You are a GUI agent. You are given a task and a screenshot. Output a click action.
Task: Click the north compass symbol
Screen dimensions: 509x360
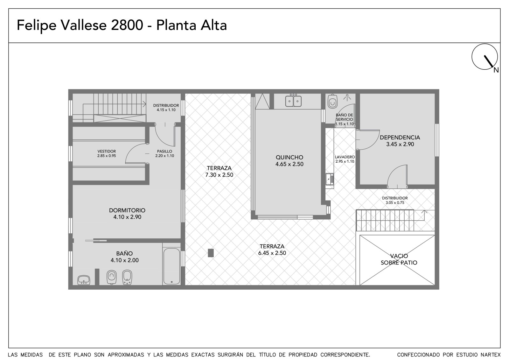[x=485, y=57]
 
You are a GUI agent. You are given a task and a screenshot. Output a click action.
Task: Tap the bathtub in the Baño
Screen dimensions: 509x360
[x=172, y=266]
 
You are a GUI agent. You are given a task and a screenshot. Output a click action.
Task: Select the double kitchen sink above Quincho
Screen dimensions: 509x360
[x=293, y=101]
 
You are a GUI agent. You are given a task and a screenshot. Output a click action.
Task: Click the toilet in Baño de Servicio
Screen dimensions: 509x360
[x=332, y=102]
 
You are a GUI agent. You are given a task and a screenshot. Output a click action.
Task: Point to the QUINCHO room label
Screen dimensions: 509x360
[x=289, y=157]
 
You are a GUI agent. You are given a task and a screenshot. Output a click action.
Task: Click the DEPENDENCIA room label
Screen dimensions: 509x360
[x=400, y=138]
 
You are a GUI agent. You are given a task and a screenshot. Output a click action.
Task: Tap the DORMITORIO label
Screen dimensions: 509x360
[x=127, y=210]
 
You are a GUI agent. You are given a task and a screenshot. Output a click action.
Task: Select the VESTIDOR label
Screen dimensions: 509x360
[x=107, y=151]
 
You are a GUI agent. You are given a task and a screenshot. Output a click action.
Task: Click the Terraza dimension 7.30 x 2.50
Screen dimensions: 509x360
[x=219, y=175]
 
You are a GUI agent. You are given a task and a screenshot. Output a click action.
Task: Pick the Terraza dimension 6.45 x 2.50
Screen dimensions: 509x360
[x=272, y=253]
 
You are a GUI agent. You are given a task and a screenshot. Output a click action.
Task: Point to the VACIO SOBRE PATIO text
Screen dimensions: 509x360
[x=399, y=259]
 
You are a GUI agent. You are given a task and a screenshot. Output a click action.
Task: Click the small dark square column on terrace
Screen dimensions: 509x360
[x=211, y=253]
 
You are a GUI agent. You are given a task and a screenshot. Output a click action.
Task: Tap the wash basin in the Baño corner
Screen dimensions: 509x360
[x=84, y=280]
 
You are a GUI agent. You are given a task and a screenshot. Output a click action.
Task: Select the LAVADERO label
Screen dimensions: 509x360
[x=345, y=157]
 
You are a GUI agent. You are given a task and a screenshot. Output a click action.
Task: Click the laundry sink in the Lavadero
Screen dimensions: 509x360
[x=330, y=179]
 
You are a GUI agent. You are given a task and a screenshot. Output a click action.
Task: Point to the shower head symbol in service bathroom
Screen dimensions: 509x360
[x=347, y=98]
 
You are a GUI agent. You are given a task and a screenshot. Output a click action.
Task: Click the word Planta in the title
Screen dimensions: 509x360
[x=176, y=25]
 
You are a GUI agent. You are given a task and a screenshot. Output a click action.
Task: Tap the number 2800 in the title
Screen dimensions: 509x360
[x=127, y=25]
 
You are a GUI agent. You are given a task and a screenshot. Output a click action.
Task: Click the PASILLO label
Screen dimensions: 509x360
[x=164, y=151]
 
